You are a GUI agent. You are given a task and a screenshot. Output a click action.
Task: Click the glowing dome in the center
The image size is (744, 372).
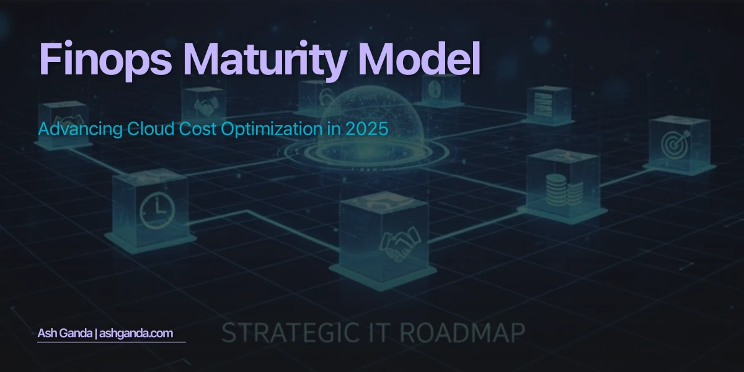tap(362, 118)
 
